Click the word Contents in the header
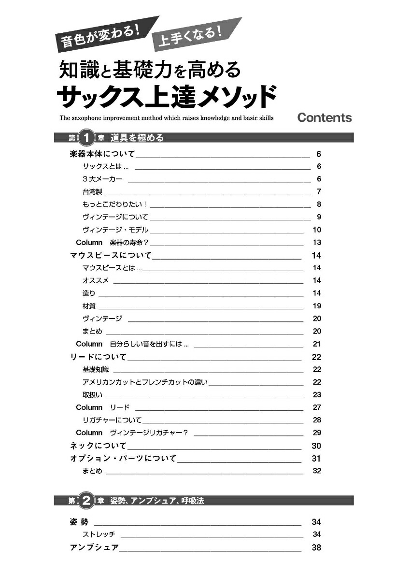(325, 117)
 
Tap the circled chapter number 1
(86, 138)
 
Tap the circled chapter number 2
(86, 501)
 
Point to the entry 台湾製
(89, 192)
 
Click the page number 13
(317, 243)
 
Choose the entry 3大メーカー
(102, 179)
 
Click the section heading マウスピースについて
(111, 255)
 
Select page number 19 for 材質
(317, 306)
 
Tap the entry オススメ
(96, 280)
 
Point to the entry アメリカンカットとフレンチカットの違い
(145, 382)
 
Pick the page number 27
(317, 407)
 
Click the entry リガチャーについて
(112, 420)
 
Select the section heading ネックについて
(98, 446)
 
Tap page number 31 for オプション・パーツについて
(317, 459)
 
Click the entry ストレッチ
(99, 535)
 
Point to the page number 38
(317, 548)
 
